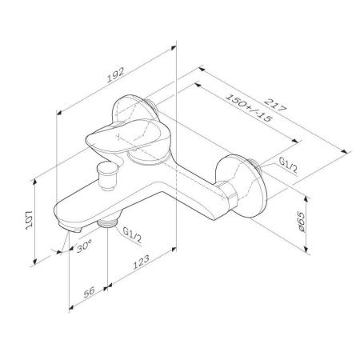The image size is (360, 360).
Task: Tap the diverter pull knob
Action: [x=106, y=170]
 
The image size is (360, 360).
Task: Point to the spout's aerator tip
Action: [x=70, y=229]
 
